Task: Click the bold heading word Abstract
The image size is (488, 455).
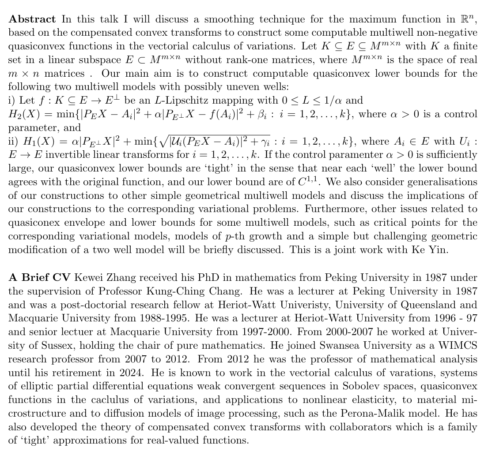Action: [x=32, y=19]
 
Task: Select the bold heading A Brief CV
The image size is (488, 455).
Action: [x=40, y=277]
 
